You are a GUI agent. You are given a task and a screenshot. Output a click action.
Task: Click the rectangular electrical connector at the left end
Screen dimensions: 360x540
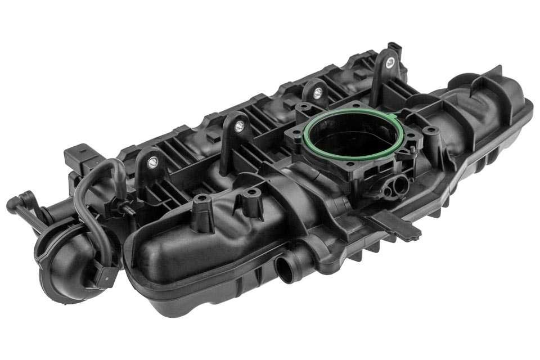tap(77, 159)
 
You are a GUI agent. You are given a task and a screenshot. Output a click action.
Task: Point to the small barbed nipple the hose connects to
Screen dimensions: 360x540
tap(125, 209)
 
